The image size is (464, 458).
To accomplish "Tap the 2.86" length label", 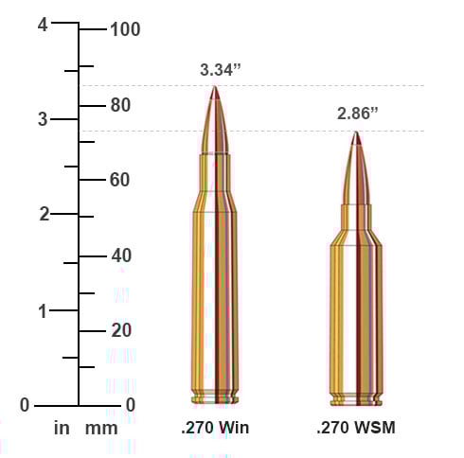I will [358, 114].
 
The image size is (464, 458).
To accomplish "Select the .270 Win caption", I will [215, 429].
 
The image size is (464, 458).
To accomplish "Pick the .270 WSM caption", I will [356, 429].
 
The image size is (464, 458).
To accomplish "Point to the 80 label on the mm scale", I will [119, 105].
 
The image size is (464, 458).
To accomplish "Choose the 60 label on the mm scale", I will [119, 180].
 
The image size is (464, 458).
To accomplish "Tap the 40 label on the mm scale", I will [119, 255].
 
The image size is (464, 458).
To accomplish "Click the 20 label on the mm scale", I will [119, 330].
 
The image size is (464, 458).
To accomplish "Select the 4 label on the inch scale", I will [43, 26].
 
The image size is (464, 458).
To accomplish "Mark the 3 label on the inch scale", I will [43, 119].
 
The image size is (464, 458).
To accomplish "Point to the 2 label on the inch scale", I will [43, 214].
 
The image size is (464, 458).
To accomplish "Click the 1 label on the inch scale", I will [43, 309].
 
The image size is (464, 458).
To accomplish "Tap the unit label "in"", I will [62, 429].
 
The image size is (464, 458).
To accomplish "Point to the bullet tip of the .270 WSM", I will [356, 138].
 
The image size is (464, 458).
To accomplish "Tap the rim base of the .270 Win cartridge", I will [215, 398].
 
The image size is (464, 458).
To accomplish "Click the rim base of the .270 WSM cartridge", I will [356, 398].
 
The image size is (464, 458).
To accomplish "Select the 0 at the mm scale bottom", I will [130, 405].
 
